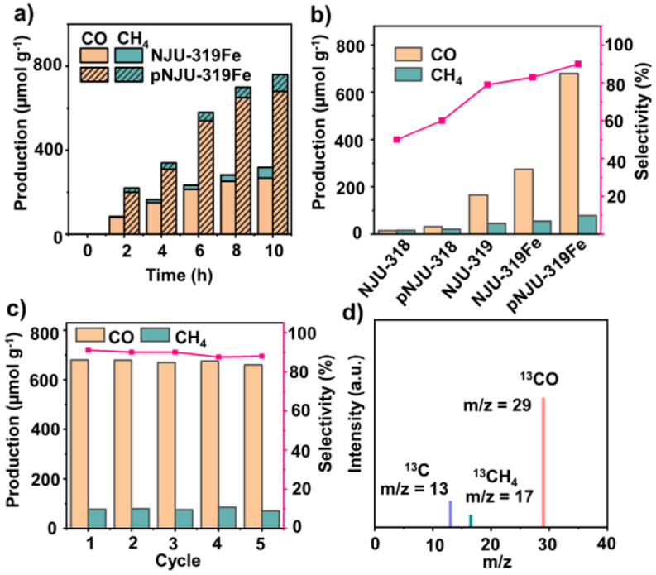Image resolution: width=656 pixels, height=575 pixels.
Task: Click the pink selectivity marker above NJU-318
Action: click(396, 139)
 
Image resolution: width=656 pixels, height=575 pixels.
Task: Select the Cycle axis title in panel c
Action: click(175, 561)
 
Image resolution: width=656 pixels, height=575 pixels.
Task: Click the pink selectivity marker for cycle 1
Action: click(89, 350)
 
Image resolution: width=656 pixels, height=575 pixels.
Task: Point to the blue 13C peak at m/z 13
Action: click(450, 514)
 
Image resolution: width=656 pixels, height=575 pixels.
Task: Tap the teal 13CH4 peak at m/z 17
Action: click(471, 520)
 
